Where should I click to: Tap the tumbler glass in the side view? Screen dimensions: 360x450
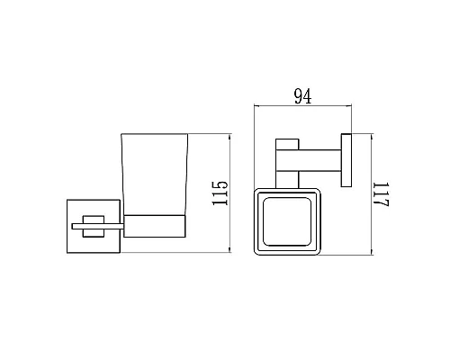click(x=154, y=175)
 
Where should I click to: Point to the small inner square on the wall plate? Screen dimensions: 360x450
click(x=92, y=224)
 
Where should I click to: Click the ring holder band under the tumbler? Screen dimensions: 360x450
click(x=154, y=227)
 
